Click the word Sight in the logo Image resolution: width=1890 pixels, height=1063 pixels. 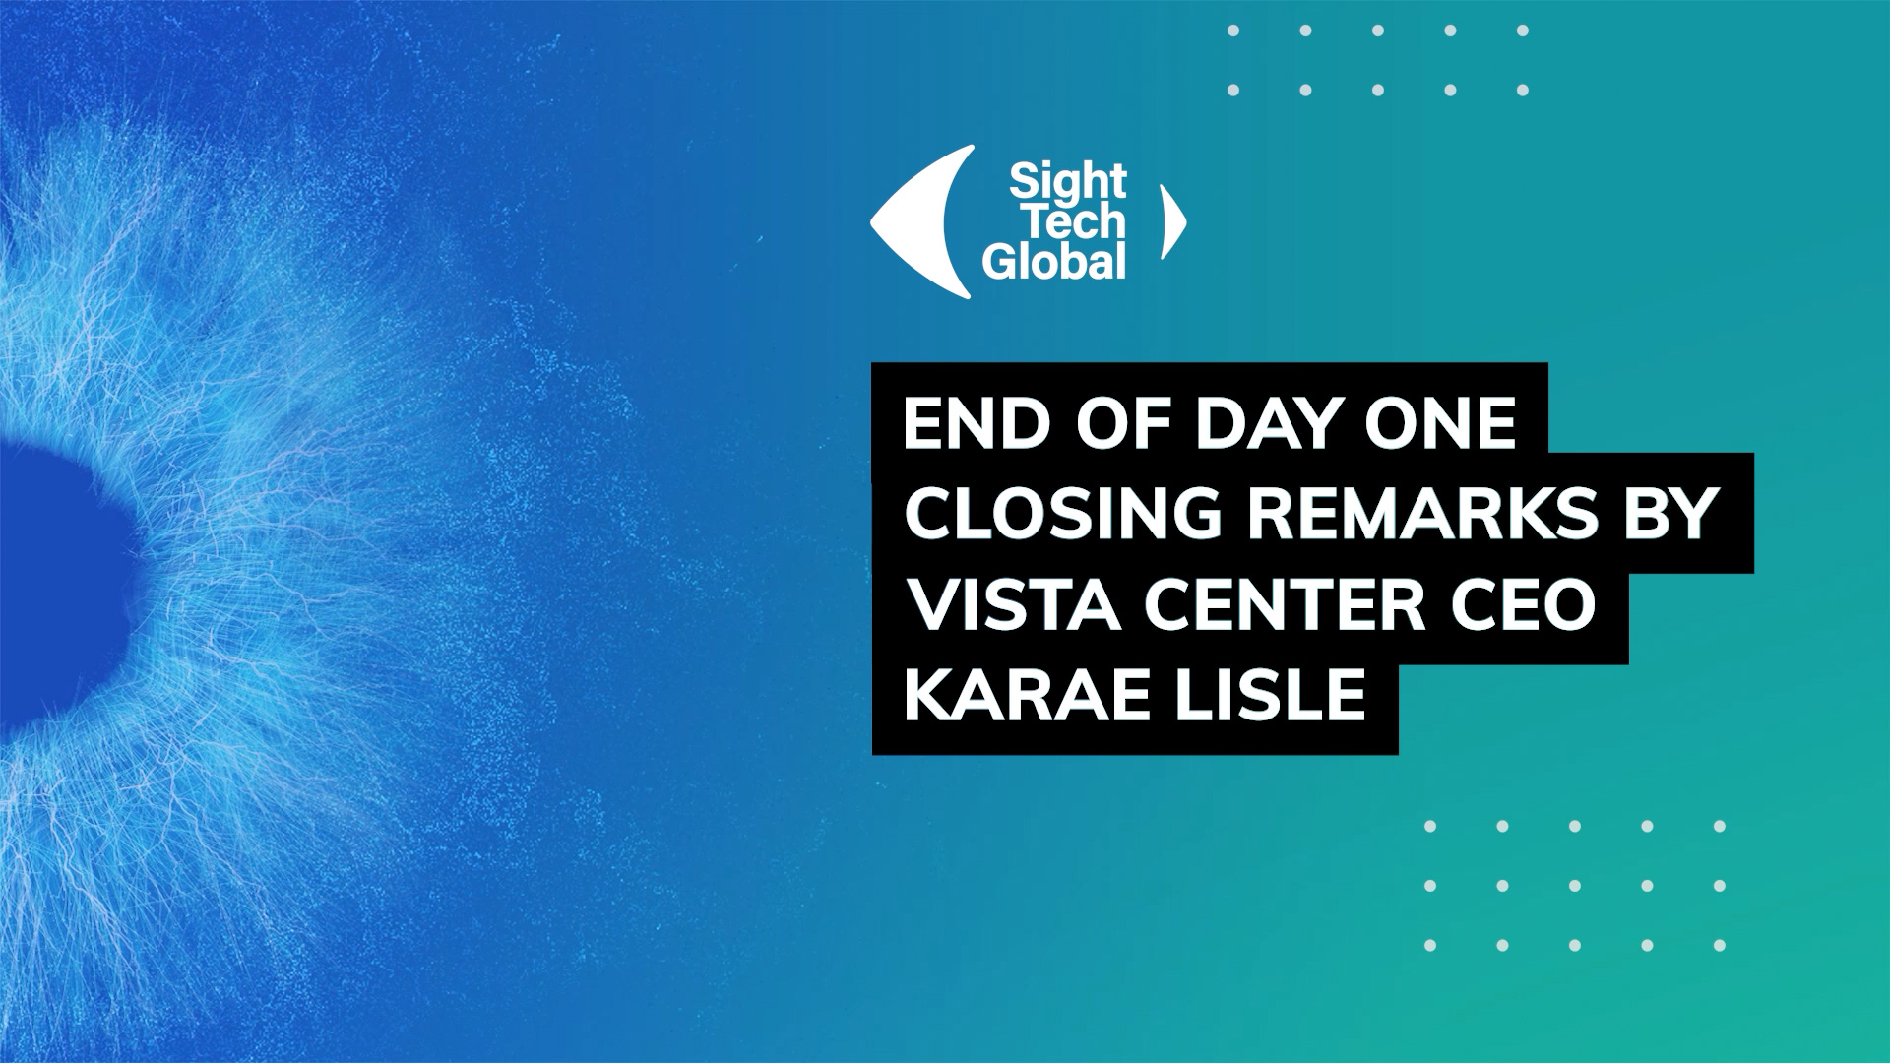click(1068, 183)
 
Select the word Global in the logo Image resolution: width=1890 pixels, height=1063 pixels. click(1054, 262)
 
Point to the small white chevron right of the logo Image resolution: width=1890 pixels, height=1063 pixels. click(1173, 221)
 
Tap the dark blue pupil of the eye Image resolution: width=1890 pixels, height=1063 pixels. click(59, 581)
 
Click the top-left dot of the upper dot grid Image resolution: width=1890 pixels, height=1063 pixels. click(1233, 31)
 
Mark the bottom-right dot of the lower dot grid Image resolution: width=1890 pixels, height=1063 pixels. click(1720, 946)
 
